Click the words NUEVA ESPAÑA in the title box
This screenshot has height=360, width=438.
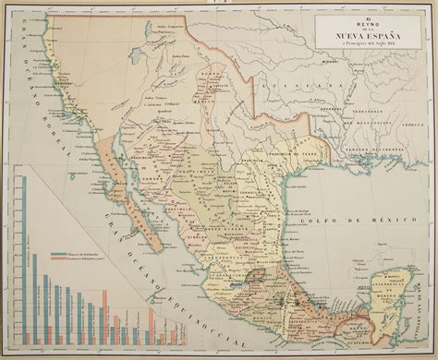(x=368, y=38)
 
